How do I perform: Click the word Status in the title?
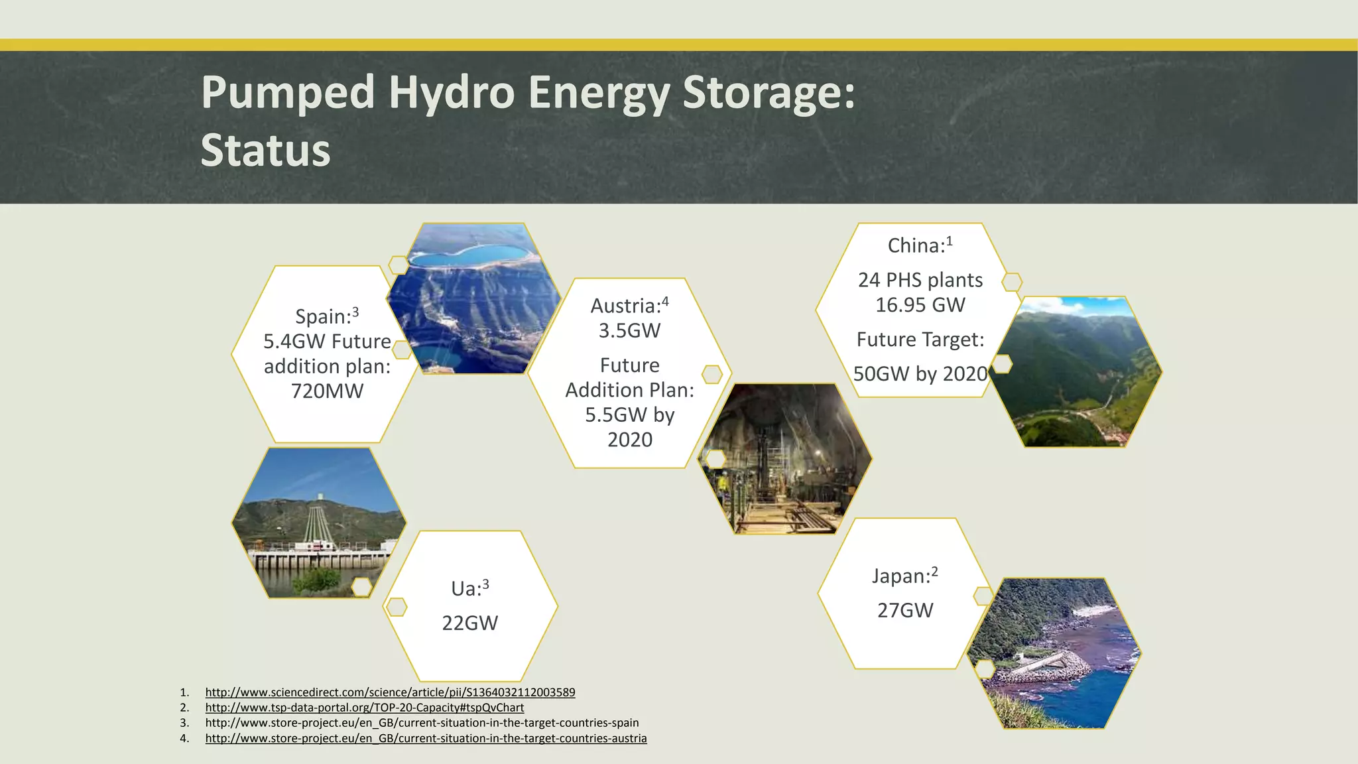coord(265,151)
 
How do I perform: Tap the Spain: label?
coord(322,317)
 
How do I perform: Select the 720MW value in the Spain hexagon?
coord(327,391)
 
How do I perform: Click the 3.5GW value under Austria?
coord(629,331)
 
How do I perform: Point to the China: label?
coord(916,246)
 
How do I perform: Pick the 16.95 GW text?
coord(920,305)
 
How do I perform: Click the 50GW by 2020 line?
coord(920,374)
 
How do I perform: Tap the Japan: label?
coord(900,576)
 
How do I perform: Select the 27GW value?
coord(904,611)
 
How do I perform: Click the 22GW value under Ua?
coord(469,623)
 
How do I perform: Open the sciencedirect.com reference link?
coord(390,692)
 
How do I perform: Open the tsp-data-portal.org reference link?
coord(364,708)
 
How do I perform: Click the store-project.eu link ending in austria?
coord(426,738)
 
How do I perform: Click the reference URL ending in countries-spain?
coord(422,723)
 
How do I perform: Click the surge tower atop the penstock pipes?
coord(321,497)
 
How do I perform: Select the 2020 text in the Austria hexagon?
coord(629,440)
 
